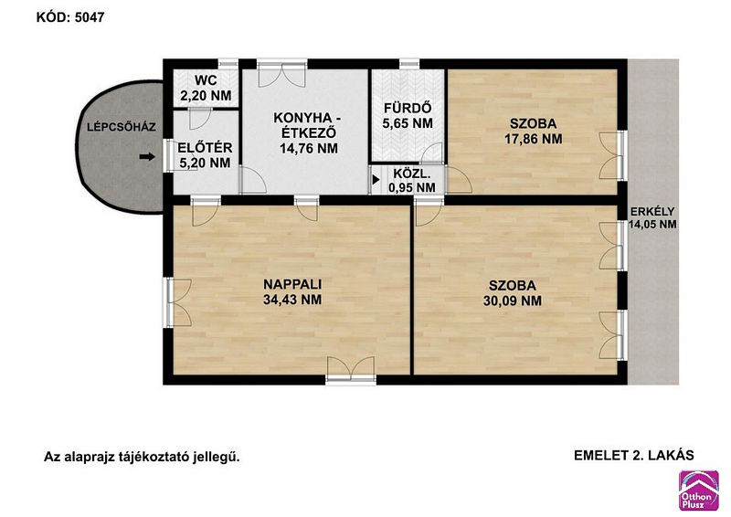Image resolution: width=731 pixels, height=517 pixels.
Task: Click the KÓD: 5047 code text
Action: click(x=70, y=17)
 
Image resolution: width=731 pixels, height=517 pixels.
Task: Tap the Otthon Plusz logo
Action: click(x=698, y=491)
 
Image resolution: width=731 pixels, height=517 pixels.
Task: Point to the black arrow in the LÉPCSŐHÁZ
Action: click(x=147, y=157)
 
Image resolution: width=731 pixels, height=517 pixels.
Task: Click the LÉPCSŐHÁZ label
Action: click(x=122, y=127)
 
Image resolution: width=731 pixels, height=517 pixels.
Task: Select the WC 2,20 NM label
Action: click(x=207, y=88)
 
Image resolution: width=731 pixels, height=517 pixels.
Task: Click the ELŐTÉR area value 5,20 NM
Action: click(x=205, y=163)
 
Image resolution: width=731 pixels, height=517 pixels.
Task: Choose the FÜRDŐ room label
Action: click(x=408, y=108)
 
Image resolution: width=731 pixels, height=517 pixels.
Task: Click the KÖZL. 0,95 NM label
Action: click(x=412, y=181)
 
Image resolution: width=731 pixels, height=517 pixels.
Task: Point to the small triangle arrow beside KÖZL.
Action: click(x=376, y=179)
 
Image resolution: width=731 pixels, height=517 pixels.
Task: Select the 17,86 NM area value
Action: click(x=534, y=139)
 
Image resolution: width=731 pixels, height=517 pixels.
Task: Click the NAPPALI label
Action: click(x=292, y=284)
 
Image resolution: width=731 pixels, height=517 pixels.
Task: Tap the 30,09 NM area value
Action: click(x=513, y=301)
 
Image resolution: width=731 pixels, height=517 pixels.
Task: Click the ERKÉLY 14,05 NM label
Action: click(x=652, y=217)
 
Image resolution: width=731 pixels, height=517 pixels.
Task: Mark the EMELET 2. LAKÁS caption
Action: click(x=634, y=456)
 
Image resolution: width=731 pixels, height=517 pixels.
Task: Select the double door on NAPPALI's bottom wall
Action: click(x=351, y=370)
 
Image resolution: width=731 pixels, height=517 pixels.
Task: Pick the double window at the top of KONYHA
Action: click(x=282, y=74)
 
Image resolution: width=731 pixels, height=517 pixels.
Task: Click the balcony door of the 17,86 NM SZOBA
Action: click(x=612, y=154)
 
